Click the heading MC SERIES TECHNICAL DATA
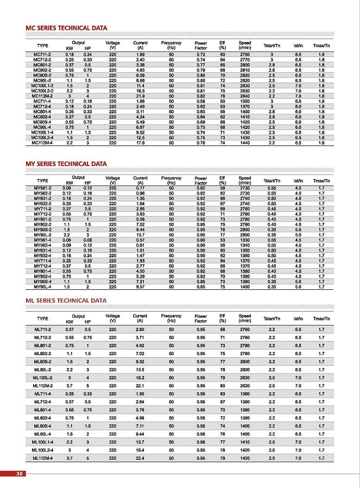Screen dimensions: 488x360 (66, 28)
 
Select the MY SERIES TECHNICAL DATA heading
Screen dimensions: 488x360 (66, 163)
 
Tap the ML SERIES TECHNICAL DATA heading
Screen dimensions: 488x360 (66, 300)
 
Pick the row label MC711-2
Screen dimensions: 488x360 (42, 55)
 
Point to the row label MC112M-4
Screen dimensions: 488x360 (42, 143)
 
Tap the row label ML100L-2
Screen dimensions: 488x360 (42, 377)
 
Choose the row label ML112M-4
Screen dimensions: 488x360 (42, 458)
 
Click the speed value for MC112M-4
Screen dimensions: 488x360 (244, 143)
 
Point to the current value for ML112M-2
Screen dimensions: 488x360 (140, 385)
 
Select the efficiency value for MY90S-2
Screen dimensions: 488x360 (222, 229)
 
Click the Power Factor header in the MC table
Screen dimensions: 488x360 (200, 45)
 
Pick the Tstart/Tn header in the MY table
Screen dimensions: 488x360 (271, 180)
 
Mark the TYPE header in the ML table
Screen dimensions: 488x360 (42, 319)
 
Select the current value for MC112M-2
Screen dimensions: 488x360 (140, 96)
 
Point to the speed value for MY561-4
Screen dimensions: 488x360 (244, 239)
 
